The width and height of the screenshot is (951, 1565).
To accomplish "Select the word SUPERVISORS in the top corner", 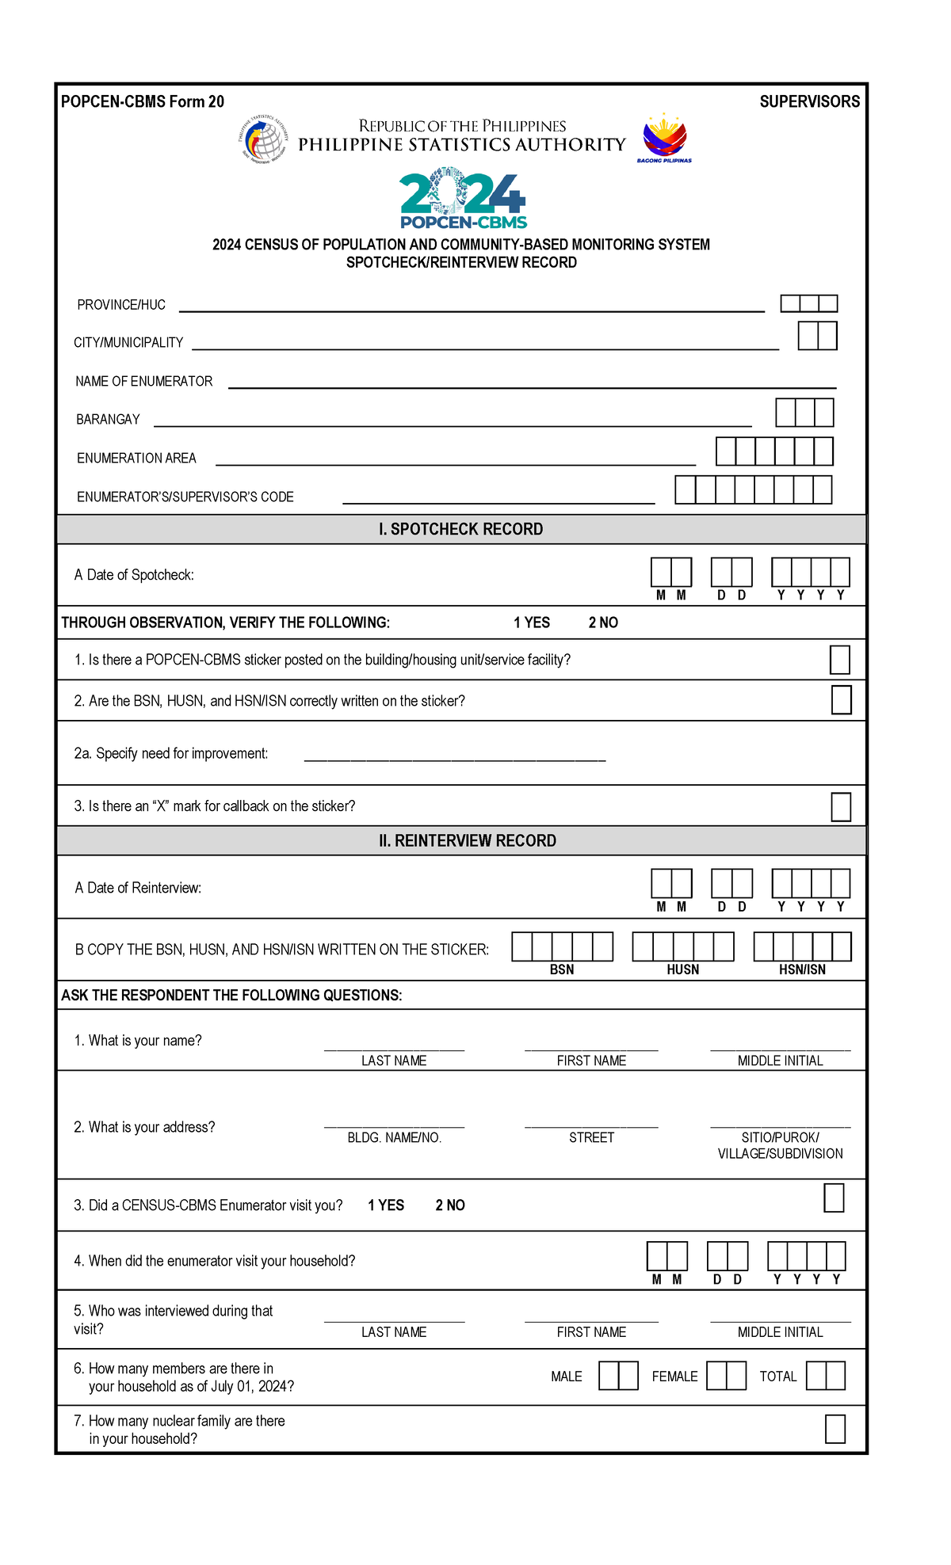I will click(809, 101).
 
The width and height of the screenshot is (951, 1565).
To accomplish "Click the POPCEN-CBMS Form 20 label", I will click(143, 101).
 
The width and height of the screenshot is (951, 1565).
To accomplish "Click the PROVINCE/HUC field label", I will click(121, 305).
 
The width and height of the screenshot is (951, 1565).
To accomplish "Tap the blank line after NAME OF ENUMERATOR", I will click(531, 386).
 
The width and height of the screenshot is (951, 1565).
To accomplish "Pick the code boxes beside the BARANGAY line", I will click(804, 413).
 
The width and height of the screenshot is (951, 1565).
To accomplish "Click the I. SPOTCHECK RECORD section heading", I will click(461, 529).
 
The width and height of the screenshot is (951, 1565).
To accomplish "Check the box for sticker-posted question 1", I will click(839, 660).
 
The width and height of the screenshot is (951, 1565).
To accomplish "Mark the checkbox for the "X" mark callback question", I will click(841, 807).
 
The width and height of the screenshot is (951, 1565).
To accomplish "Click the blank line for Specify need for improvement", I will click(455, 758).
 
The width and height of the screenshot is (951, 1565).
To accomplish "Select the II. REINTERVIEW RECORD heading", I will click(468, 840).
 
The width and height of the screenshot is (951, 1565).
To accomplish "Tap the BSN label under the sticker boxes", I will click(562, 969).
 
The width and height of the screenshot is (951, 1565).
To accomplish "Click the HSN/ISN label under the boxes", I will click(802, 969).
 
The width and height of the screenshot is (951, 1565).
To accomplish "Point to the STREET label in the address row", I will click(591, 1137).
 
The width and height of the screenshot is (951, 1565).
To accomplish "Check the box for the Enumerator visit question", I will click(834, 1198).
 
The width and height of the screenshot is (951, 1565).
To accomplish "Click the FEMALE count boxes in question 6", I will click(726, 1376).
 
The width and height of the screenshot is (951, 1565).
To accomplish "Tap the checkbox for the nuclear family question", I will click(835, 1429).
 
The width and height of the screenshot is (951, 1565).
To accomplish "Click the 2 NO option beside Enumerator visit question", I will click(450, 1205).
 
